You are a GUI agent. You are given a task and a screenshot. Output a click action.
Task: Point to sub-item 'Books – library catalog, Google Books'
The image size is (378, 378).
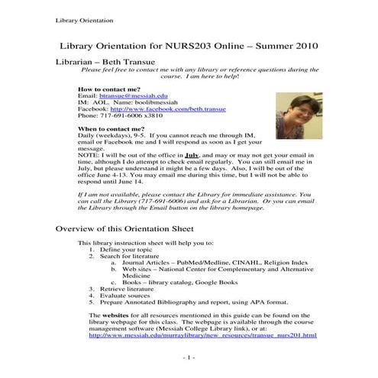click(175, 282)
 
